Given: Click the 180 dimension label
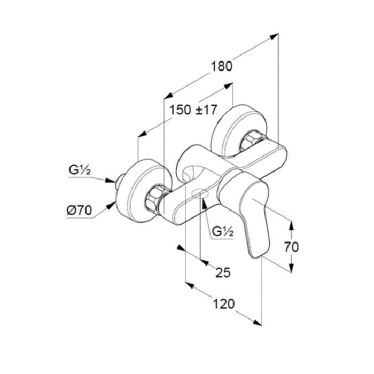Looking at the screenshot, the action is coord(221,66).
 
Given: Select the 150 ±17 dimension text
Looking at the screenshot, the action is coord(193,110).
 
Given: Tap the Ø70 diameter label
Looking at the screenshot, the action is coord(79,211).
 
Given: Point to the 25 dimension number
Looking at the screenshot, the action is coord(223,272).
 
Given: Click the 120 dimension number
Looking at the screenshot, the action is coord(223,304).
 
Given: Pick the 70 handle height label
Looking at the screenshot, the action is coord(291,247).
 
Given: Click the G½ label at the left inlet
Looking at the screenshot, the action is coord(80,170).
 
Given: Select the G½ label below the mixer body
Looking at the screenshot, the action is coord(223,231).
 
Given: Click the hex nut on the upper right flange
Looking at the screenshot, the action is coord(249,142).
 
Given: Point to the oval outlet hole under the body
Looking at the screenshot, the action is coord(200,193).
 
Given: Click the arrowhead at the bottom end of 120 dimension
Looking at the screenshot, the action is coord(257,323).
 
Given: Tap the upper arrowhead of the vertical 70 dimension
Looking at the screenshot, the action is coord(291,225).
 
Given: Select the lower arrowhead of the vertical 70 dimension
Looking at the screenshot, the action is coord(291,268).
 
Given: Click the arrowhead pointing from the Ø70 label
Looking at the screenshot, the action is coord(111,205).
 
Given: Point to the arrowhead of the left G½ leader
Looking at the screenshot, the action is coord(111,181).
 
